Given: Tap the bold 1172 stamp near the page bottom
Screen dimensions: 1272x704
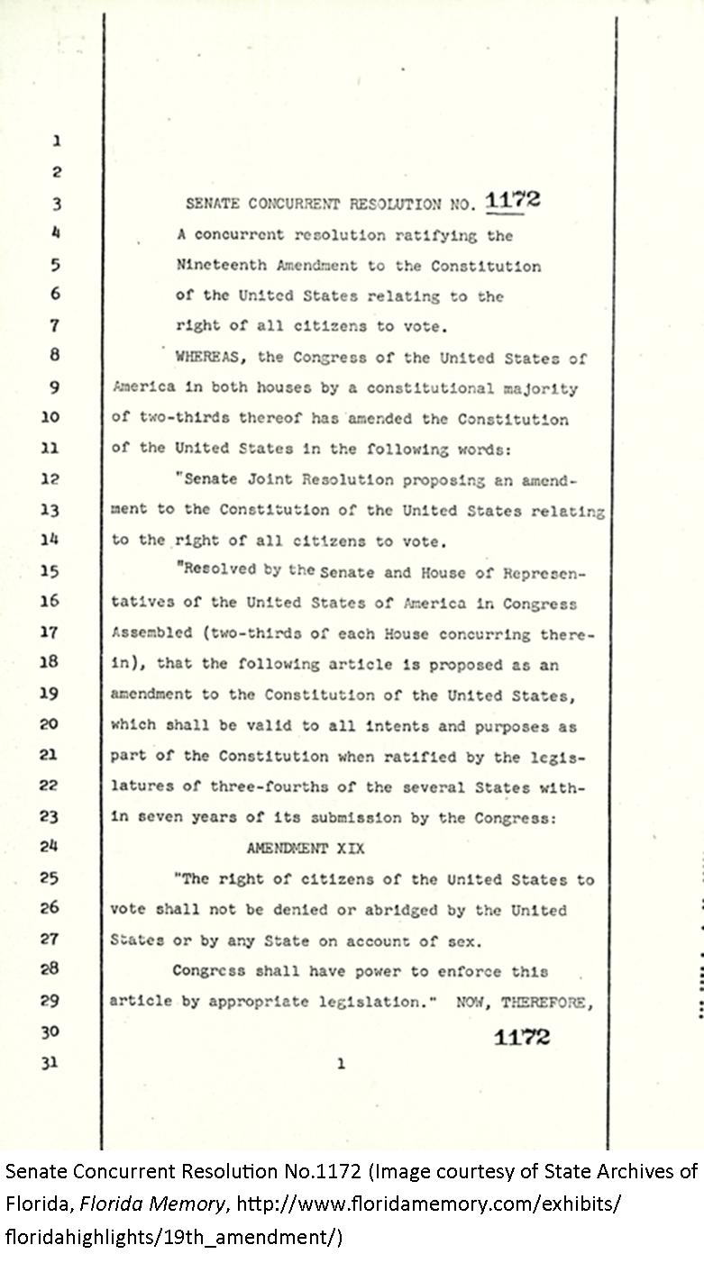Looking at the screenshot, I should click(x=521, y=1037).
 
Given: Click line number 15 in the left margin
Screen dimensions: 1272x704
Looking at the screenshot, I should click(x=50, y=571).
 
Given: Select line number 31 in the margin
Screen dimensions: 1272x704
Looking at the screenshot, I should click(x=50, y=1062).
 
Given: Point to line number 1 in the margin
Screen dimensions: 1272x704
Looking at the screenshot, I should click(x=56, y=141).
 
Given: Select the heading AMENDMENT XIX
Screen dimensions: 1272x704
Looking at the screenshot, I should click(x=305, y=849).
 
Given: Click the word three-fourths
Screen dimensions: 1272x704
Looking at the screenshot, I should click(x=262, y=786).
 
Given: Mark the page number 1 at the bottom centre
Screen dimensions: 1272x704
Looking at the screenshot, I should click(x=341, y=1064).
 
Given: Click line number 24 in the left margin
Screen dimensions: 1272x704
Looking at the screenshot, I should click(x=50, y=847).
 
